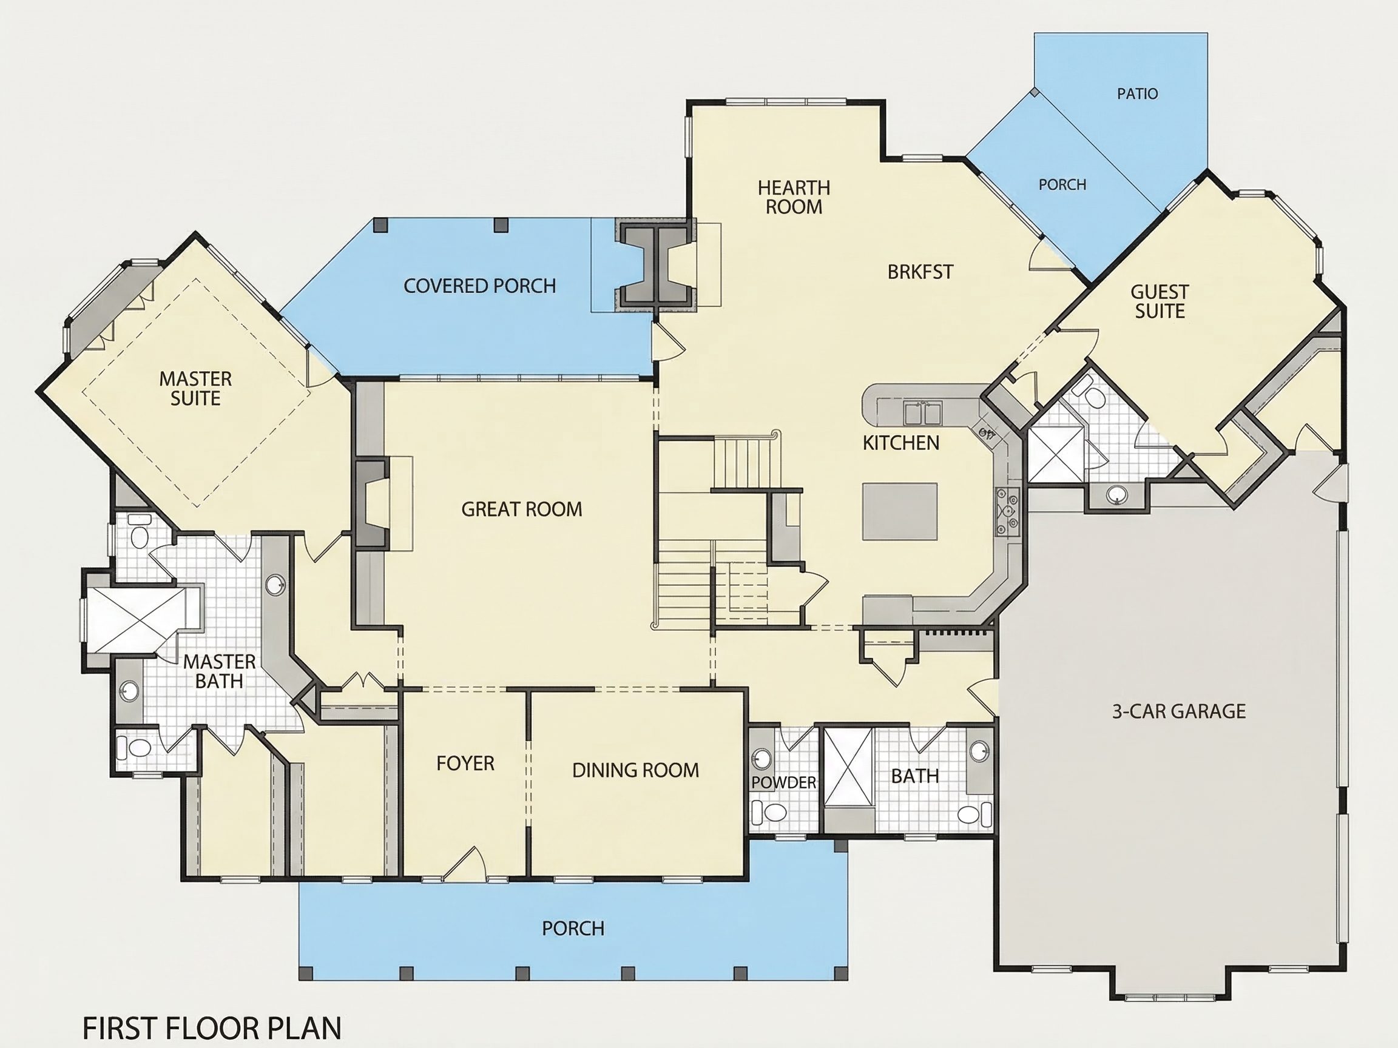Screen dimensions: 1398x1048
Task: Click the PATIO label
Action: click(x=1138, y=94)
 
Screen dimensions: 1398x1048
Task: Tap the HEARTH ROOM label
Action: click(x=794, y=197)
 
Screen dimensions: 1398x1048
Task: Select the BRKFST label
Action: click(x=920, y=272)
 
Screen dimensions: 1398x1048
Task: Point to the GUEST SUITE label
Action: click(x=1160, y=301)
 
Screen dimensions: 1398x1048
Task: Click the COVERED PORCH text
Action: click(x=480, y=286)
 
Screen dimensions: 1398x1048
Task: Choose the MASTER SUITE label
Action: click(x=195, y=389)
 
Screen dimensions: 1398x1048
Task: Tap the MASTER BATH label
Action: click(x=219, y=671)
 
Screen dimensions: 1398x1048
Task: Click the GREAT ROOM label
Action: click(x=521, y=509)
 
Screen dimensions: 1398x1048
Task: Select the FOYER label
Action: click(x=465, y=763)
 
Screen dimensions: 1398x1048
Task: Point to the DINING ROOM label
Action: click(x=636, y=770)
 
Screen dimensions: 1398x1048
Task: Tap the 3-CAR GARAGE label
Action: click(x=1179, y=711)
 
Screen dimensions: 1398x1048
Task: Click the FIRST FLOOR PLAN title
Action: click(x=212, y=1029)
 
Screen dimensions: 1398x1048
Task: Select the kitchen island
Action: click(x=900, y=511)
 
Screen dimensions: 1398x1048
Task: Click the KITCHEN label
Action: click(x=901, y=443)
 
